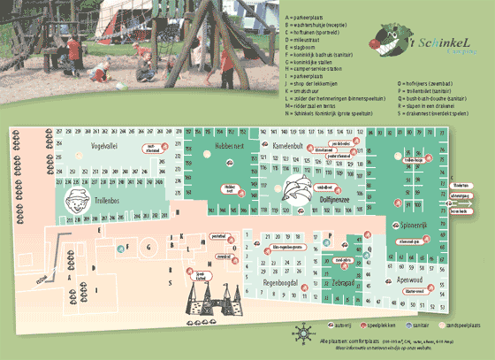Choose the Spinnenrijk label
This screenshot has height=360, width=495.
415,226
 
